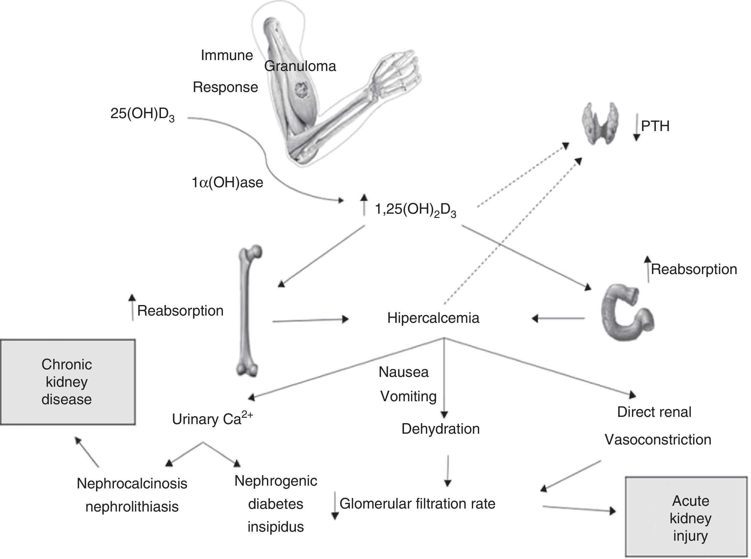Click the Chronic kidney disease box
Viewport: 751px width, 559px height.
(68, 382)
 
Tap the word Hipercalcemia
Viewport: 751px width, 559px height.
(433, 318)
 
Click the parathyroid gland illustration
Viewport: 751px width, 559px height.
(600, 123)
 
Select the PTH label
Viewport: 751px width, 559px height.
(655, 126)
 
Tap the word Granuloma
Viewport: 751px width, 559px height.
(300, 66)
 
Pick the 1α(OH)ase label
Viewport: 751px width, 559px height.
(227, 183)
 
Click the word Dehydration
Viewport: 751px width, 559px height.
(440, 429)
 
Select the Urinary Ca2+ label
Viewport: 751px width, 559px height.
(212, 419)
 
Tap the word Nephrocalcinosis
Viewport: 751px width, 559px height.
(132, 484)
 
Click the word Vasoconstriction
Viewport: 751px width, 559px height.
(658, 440)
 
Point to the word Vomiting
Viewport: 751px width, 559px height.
(408, 396)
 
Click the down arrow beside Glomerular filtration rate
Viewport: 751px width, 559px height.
(335, 506)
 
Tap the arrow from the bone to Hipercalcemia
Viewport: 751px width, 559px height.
(310, 320)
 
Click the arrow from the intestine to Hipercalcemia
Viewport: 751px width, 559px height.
(558, 318)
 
